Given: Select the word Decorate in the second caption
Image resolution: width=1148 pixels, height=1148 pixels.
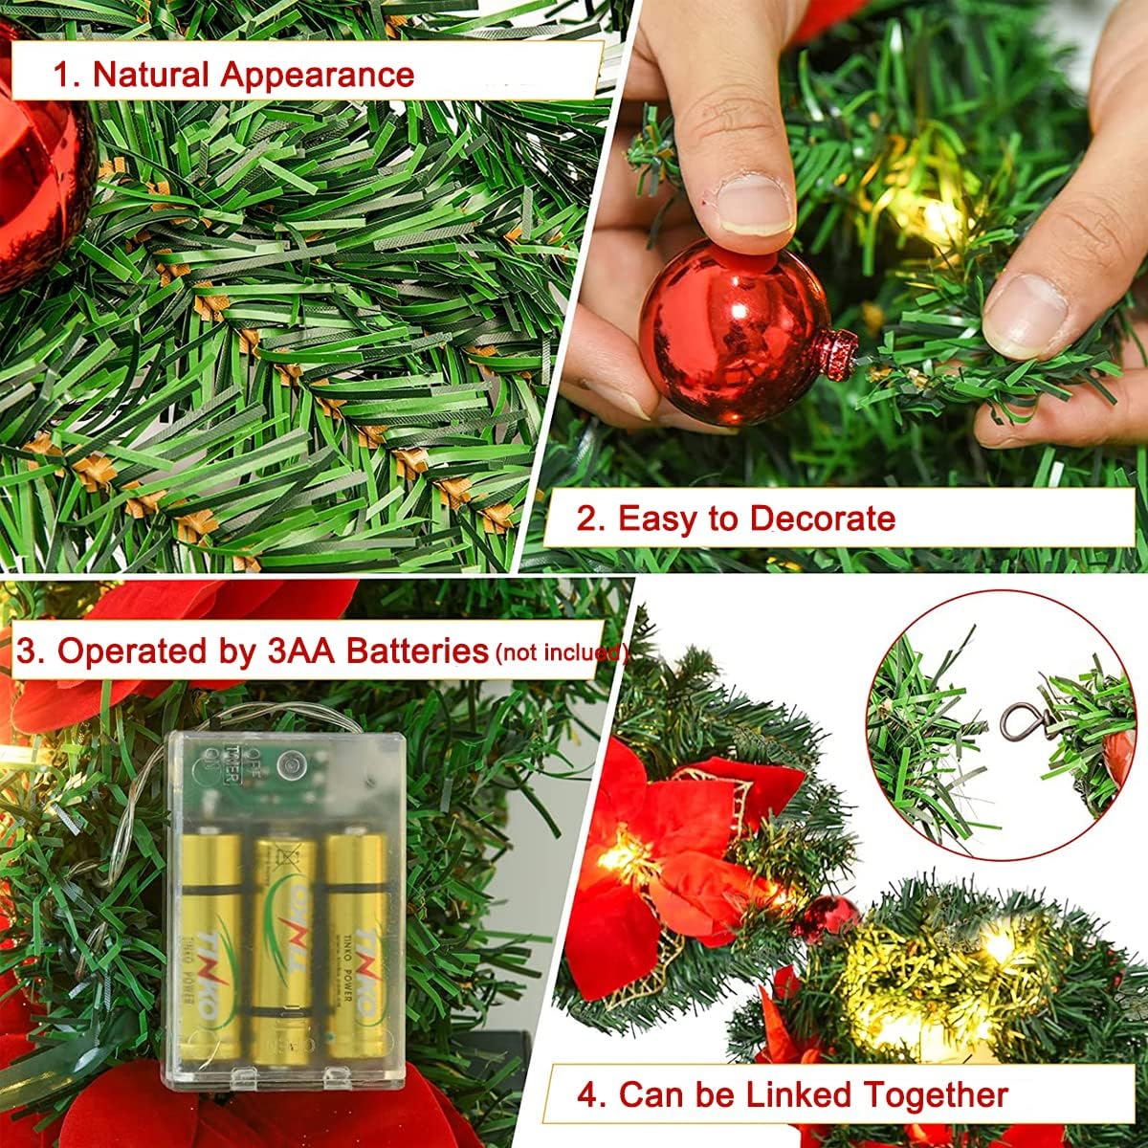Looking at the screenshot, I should click(x=822, y=519).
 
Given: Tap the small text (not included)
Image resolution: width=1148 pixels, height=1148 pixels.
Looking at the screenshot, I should click(x=561, y=653).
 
